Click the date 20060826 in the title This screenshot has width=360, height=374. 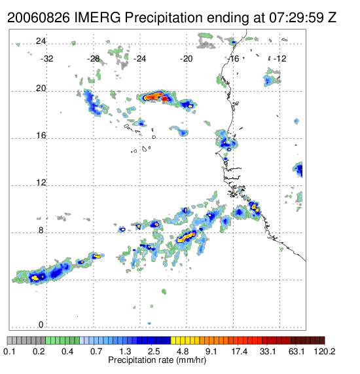[39, 18]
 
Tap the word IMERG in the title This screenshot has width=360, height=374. [98, 18]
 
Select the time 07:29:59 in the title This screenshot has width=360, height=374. [297, 18]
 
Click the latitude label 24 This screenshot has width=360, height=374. [41, 41]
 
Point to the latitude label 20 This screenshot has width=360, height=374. [41, 88]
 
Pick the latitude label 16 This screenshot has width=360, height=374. [41, 136]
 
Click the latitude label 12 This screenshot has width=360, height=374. [41, 183]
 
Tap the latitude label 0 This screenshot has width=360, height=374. [41, 324]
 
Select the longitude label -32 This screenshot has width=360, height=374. [46, 59]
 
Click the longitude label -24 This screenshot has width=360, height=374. [139, 59]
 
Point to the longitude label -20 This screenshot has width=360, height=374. [186, 59]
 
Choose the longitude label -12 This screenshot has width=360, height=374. [279, 59]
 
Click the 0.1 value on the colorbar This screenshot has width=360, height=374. [9, 352]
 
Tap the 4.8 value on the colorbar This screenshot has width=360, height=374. [183, 352]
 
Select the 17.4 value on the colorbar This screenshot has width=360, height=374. [240, 352]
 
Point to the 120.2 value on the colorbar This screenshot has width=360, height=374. [325, 352]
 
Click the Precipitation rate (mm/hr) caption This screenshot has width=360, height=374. [157, 360]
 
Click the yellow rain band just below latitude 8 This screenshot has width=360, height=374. [186, 237]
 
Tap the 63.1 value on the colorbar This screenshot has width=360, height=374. [297, 352]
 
